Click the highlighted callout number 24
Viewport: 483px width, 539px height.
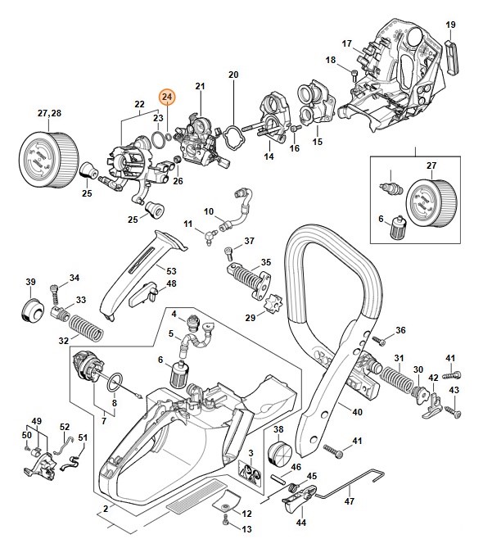click(167, 97)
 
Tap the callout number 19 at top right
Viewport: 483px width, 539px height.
click(450, 25)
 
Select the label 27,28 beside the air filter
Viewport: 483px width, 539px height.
click(49, 111)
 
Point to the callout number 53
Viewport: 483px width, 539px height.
click(171, 270)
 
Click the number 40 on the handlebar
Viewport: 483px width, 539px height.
click(357, 411)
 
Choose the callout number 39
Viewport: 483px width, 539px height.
click(31, 283)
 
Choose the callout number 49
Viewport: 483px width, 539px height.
click(35, 421)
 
